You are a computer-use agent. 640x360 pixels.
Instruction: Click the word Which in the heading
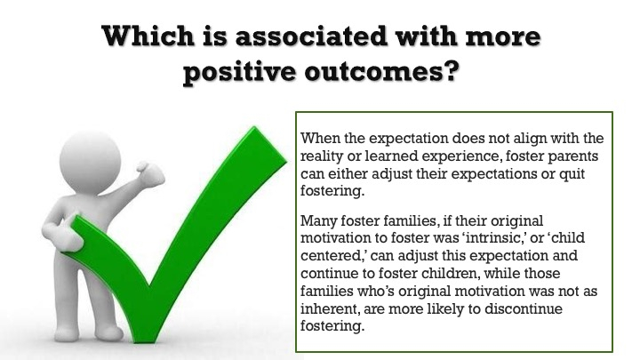coord(148,36)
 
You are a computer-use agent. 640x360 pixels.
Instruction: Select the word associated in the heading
coord(311,36)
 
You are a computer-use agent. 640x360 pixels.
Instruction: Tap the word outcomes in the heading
coord(380,71)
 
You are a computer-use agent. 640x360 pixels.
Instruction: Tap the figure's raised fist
coord(150,174)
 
